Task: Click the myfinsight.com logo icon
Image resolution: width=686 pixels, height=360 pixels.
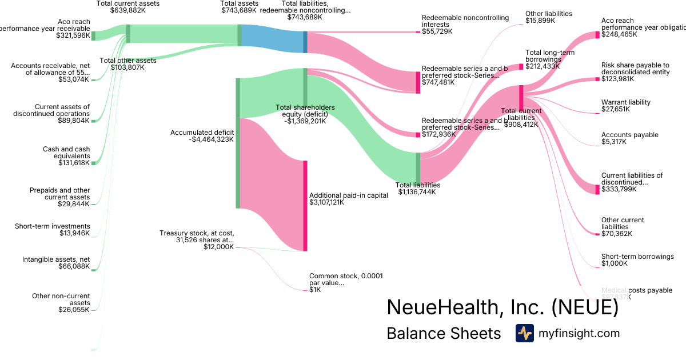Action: point(524,333)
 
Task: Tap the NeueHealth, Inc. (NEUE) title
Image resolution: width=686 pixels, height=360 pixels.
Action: point(502,307)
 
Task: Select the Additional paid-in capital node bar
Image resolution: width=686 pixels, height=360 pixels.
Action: point(305,206)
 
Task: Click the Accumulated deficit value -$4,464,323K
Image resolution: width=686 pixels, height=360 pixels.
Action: point(210,139)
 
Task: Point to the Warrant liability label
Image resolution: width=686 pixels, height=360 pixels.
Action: point(625,102)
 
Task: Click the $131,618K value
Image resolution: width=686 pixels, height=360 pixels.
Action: point(74,163)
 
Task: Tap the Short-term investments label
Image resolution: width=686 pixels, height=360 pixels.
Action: point(53,226)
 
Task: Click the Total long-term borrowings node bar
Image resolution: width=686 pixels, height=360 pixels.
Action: point(521,67)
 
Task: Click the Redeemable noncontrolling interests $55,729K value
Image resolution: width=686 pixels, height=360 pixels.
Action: point(437,31)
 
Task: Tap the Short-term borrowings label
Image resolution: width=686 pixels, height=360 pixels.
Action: point(637,257)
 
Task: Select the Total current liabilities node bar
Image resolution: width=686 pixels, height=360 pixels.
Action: point(521,95)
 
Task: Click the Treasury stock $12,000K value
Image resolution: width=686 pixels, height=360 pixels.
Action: point(218,247)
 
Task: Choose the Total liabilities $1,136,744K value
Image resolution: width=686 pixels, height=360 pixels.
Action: point(417,192)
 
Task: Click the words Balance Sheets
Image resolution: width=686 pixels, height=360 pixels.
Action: point(444,333)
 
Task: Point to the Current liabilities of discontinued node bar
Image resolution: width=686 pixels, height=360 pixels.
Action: point(597,189)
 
